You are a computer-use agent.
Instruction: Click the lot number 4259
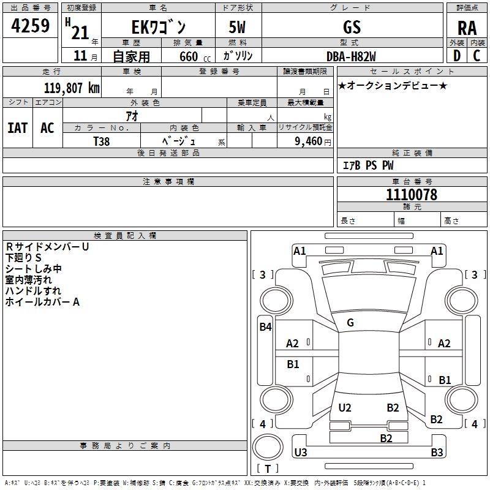pyautogui.click(x=31, y=27)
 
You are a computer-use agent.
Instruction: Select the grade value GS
pyautogui.click(x=352, y=27)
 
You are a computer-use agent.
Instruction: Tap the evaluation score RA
pyautogui.click(x=467, y=28)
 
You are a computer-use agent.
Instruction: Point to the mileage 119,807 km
pyautogui.click(x=72, y=88)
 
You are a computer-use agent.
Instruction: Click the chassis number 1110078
pyautogui.click(x=412, y=195)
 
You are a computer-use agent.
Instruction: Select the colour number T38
pyautogui.click(x=102, y=141)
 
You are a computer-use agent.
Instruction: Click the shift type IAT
pyautogui.click(x=17, y=128)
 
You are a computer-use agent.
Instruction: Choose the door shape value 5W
pyautogui.click(x=237, y=28)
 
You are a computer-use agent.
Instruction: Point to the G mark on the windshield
pyautogui.click(x=350, y=323)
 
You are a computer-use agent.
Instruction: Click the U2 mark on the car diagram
pyautogui.click(x=345, y=408)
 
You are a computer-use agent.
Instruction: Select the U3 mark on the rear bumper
pyautogui.click(x=301, y=453)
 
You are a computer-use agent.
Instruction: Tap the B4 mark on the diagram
pyautogui.click(x=265, y=327)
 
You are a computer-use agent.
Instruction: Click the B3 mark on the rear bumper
pyautogui.click(x=437, y=453)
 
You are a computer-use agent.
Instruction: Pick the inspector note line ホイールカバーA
pyautogui.click(x=43, y=302)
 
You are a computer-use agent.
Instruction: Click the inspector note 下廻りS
pyautogui.click(x=24, y=258)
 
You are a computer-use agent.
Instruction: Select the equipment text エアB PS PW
pyautogui.click(x=367, y=165)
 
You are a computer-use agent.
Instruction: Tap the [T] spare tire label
pyautogui.click(x=267, y=469)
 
